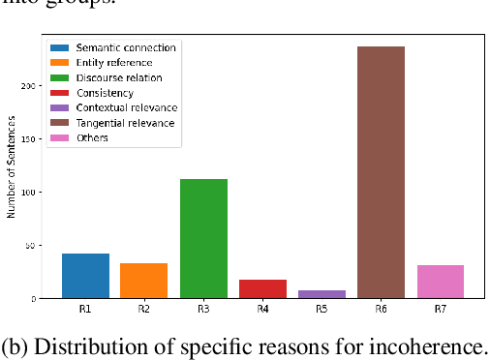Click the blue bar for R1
click(x=85, y=276)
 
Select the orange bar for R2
click(x=144, y=281)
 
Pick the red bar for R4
click(x=262, y=288)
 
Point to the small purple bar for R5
click(x=322, y=294)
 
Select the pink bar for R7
click(x=441, y=282)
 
